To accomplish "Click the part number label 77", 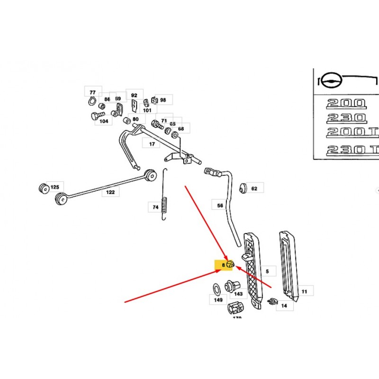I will coord(92,92).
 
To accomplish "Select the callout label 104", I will coord(103,121).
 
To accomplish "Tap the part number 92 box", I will coord(134,95).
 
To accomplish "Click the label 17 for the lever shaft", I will coord(152,144).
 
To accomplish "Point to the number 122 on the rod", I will coord(110,192).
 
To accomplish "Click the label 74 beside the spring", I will coord(155,207).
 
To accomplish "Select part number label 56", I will coord(220,206).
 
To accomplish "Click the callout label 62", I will coord(254,189).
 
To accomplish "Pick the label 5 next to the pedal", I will coord(267,271).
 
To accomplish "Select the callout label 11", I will coord(304,292).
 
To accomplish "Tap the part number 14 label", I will coord(284,306).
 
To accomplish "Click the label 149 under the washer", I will coord(218,300).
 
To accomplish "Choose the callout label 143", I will coord(238,294).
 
